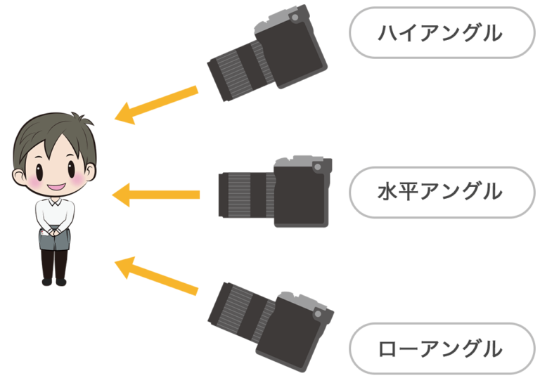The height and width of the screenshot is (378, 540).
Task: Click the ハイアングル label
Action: [440, 33]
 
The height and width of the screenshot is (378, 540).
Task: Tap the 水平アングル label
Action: [440, 191]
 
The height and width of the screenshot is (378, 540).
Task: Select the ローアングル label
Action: [440, 348]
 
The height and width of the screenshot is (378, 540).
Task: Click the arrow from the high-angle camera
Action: [156, 105]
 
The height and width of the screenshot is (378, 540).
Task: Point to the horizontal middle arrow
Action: [155, 195]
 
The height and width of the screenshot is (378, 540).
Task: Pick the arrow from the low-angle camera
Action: [156, 275]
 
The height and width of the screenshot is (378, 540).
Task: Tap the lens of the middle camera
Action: [247, 195]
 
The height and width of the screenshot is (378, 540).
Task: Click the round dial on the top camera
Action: [295, 18]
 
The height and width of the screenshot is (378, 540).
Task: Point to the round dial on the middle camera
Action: [318, 167]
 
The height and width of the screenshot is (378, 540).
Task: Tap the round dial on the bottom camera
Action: [318, 314]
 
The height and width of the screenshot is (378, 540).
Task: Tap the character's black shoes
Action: [54, 282]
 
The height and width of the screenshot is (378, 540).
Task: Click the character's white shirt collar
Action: [55, 202]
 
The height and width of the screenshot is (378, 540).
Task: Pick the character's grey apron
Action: [54, 238]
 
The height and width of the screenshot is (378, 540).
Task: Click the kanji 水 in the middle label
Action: [387, 191]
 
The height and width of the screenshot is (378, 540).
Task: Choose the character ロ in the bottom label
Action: [388, 348]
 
